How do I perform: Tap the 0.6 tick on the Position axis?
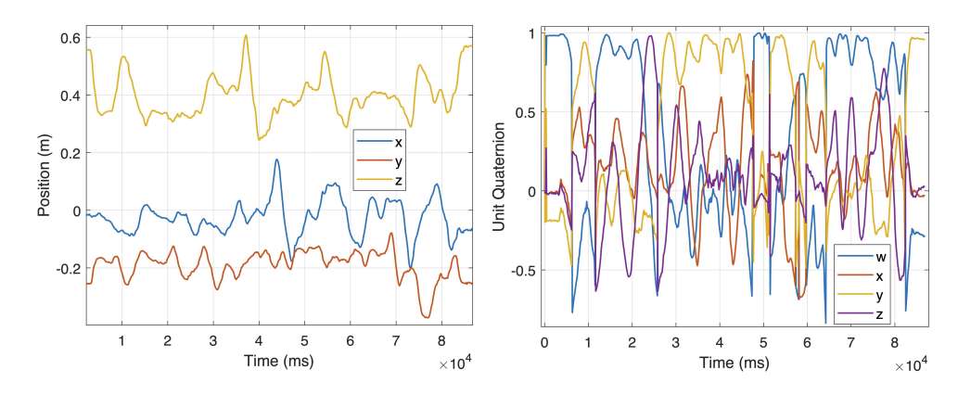(69, 38)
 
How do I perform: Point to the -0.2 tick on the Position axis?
(66, 269)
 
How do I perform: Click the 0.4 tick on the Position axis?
(69, 96)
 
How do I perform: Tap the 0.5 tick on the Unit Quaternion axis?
(526, 112)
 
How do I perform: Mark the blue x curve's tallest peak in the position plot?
(276, 159)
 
